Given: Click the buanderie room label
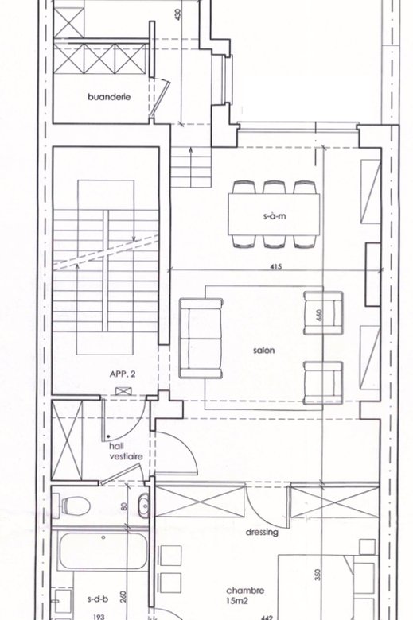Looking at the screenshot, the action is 109,97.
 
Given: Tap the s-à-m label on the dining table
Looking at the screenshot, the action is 275,216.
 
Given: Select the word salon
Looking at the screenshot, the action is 263,350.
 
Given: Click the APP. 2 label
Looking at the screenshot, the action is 123,374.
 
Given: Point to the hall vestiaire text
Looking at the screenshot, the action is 126,451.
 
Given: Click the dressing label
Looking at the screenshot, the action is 262,533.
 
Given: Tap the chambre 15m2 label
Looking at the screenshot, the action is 245,595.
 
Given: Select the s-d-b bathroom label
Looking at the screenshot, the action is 97,599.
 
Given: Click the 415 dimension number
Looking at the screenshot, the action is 276,267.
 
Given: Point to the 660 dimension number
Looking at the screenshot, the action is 320,314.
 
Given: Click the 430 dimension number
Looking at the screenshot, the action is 177,15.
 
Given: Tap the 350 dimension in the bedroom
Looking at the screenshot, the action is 320,575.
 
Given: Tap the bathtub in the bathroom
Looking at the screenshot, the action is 103,550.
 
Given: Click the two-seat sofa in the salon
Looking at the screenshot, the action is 201,339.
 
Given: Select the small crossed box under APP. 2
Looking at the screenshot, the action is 123,391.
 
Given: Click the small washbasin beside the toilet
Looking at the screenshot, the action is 144,505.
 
